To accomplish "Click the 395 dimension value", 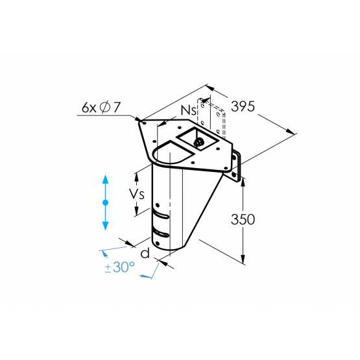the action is point(243,106).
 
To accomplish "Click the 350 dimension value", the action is point(243,219).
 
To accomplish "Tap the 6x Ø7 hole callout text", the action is point(101,107).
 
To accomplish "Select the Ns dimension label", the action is point(189,110).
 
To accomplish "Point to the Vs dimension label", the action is point(137,194).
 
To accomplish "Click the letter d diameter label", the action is point(145,253).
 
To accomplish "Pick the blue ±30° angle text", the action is point(119,267).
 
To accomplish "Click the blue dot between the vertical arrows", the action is point(105,202).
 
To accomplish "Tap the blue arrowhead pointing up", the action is point(105,179).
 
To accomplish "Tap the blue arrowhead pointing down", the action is point(105,226).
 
